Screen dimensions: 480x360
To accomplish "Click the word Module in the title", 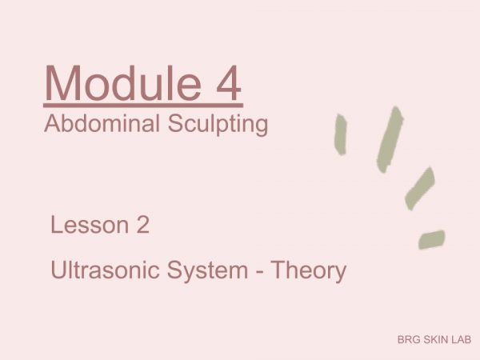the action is [x=123, y=83].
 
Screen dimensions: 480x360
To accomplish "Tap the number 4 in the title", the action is [x=229, y=83].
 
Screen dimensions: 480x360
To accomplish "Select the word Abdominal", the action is [x=102, y=123].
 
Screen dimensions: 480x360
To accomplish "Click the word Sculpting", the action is [x=218, y=125].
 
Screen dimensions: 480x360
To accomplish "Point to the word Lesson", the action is [x=90, y=225].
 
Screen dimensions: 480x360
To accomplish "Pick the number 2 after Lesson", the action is [x=143, y=224].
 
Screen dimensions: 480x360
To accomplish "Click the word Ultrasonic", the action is [x=105, y=270].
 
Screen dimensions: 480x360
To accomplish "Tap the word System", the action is [x=207, y=271].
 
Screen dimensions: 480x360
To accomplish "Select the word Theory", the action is [x=309, y=271].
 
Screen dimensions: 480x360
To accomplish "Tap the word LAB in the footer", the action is [x=461, y=339].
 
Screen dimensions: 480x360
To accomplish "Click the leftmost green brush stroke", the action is [x=341, y=134].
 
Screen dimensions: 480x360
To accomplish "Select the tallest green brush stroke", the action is [x=390, y=139].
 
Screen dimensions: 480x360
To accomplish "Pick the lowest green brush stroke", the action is [x=432, y=239].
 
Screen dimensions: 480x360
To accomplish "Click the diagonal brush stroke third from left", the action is [x=420, y=189].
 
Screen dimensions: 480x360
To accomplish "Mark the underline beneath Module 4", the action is [x=143, y=106].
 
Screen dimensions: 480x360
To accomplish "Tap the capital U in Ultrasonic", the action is [x=58, y=270].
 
